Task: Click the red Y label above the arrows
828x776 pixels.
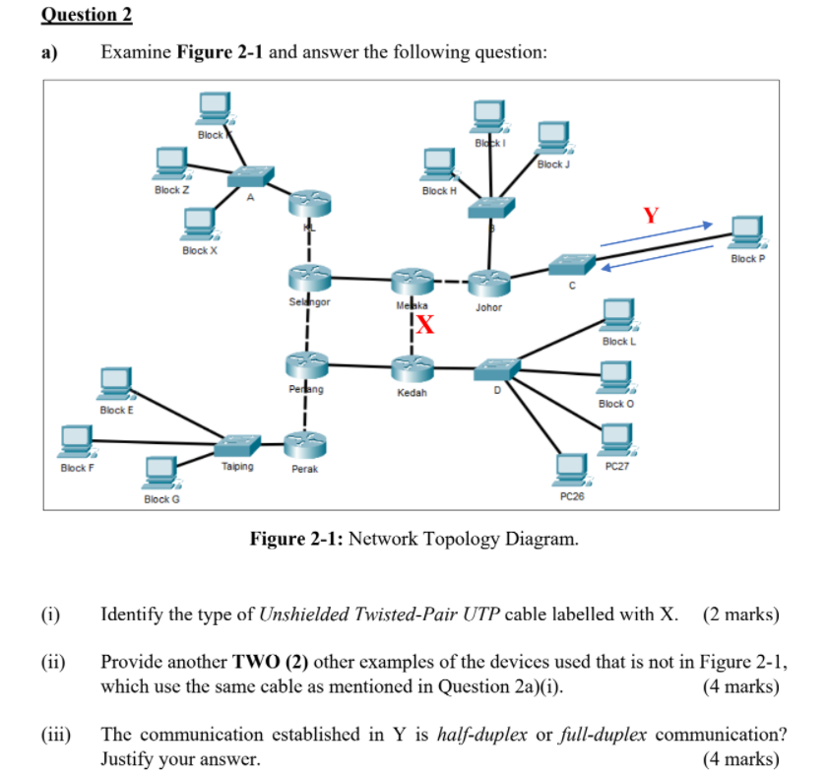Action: (x=651, y=215)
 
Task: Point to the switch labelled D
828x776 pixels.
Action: (x=495, y=368)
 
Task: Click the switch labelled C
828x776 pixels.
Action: (x=572, y=264)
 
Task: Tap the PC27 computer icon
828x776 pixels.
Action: (x=618, y=438)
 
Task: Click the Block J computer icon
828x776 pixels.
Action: (x=551, y=138)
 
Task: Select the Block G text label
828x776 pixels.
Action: (x=161, y=499)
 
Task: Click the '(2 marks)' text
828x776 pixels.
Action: (x=740, y=615)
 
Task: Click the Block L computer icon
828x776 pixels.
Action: (x=618, y=316)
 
